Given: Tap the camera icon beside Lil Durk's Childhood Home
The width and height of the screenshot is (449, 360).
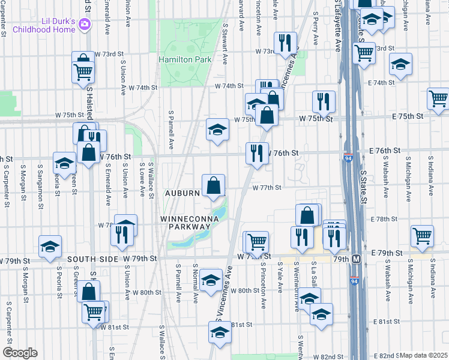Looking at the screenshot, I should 85,24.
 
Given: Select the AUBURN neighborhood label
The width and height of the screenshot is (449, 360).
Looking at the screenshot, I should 182,193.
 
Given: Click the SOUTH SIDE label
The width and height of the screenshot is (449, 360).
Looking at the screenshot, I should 91,259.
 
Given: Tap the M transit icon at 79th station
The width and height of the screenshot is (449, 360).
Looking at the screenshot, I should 357,259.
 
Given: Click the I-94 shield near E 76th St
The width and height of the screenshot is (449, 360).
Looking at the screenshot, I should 348,158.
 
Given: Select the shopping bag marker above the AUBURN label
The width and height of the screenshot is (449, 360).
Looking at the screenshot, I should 214,185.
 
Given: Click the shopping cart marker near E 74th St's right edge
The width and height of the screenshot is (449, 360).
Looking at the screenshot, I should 439,99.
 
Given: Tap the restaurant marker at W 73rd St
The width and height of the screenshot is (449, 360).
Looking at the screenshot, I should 285,43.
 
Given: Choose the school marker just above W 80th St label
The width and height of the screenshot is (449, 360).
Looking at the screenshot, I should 211,280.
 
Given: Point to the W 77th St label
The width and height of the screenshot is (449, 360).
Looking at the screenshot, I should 267,188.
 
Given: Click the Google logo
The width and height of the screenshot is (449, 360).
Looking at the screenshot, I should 20,353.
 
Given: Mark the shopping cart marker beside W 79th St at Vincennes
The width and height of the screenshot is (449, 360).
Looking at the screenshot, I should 257,242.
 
